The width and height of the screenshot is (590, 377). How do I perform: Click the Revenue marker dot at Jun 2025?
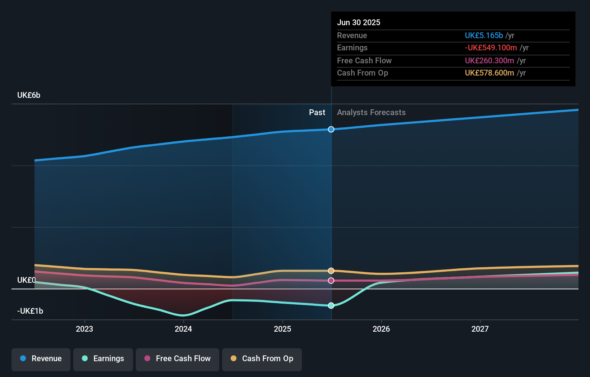pos(331,129)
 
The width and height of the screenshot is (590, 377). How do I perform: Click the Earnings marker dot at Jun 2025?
pos(331,305)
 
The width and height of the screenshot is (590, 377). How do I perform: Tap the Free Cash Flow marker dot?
pos(331,280)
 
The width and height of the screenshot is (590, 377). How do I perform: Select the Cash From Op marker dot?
pos(331,271)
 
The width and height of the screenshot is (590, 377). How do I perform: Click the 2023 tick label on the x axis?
pos(84,329)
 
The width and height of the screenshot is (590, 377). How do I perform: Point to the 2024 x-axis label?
pos(183,329)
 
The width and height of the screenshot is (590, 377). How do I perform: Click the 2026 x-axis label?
pos(381,329)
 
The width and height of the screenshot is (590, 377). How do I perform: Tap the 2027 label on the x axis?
pos(480,329)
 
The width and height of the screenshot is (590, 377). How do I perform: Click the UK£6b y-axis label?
pos(29,95)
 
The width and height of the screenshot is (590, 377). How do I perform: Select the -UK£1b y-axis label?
pos(30,311)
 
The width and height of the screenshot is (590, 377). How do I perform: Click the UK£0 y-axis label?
pos(27,280)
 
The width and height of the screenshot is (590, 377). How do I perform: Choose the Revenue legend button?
pos(41,359)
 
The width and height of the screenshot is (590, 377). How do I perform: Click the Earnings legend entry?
pos(103,359)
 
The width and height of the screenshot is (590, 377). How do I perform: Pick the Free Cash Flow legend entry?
pos(178,359)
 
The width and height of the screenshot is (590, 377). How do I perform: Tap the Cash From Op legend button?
pos(262,359)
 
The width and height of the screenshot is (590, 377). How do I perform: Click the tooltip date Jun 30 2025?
pos(359,22)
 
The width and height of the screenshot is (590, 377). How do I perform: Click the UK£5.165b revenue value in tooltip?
pos(484,35)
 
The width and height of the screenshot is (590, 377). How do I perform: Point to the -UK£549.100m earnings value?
pos(491,47)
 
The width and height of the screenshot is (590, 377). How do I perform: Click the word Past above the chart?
pos(317,112)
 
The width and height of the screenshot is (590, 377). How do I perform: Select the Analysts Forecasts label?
pos(371,112)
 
